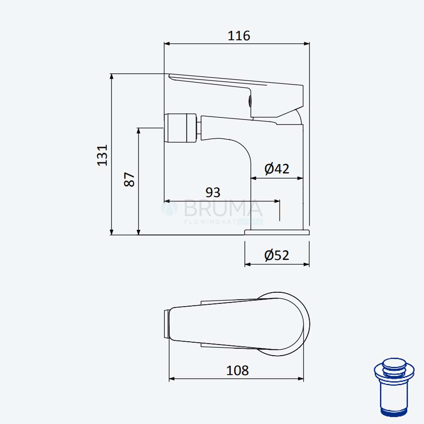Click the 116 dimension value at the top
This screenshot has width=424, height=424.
(239, 36)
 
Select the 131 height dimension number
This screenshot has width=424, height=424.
(103, 155)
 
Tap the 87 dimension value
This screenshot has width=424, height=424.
(129, 179)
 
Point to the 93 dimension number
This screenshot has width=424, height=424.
(213, 192)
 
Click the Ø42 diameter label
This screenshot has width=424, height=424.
(277, 169)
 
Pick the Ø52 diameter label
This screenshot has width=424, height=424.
(277, 255)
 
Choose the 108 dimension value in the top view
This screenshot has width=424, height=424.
(237, 371)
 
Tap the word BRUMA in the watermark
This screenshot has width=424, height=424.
(223, 208)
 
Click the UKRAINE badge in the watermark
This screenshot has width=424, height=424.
(250, 222)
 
